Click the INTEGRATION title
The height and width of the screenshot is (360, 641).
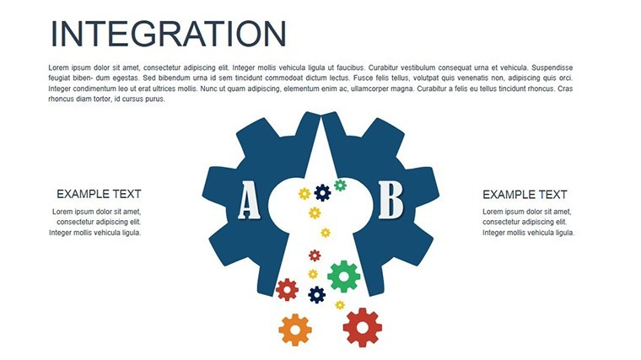coord(168,34)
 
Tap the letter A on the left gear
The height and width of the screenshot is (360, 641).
coord(249,200)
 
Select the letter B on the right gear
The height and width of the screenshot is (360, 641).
coord(391,200)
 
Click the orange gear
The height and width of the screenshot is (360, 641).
coord(295,330)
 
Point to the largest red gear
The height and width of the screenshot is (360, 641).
coord(362,327)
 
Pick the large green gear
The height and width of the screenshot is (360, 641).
coord(344,277)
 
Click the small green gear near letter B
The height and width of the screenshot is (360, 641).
coord(340,185)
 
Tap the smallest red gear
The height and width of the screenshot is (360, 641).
coord(315,255)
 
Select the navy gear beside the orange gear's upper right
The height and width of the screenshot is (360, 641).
coord(317,294)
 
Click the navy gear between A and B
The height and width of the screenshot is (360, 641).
coord(322,193)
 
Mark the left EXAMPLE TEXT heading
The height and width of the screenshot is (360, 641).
coord(99,194)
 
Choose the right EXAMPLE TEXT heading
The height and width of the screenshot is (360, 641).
coord(525,195)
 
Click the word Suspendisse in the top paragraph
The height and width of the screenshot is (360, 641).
coord(552,67)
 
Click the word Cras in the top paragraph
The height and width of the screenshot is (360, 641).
coord(565,89)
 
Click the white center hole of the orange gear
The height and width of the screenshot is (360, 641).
coord(295,330)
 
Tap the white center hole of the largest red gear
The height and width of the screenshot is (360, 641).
coord(362,327)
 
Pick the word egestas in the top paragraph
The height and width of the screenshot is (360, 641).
coord(126,78)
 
